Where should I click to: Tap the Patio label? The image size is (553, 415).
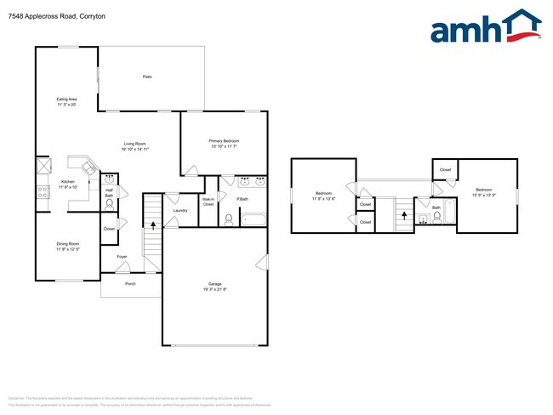(x=147, y=77)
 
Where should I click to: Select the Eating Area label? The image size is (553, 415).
(x=66, y=102)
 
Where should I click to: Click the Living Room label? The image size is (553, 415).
(x=136, y=146)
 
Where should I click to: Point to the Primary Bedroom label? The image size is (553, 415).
(x=224, y=143)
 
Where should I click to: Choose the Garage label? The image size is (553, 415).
(x=214, y=287)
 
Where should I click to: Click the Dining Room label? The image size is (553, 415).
(x=67, y=247)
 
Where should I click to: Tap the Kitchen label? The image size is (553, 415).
(x=68, y=185)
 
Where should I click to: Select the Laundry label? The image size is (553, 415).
(x=180, y=210)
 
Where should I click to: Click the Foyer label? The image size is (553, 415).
(x=122, y=256)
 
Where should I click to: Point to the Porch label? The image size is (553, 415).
(x=130, y=284)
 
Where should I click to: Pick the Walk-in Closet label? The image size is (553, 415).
(x=208, y=203)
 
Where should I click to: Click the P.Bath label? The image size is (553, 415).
(x=242, y=199)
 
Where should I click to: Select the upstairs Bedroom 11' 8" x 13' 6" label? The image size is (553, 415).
(x=323, y=196)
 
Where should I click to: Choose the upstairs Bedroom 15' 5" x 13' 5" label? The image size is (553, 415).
(x=484, y=191)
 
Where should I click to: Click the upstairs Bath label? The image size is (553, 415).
(x=436, y=207)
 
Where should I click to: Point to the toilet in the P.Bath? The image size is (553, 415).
(x=228, y=218)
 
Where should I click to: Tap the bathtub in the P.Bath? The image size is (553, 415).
(x=254, y=219)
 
